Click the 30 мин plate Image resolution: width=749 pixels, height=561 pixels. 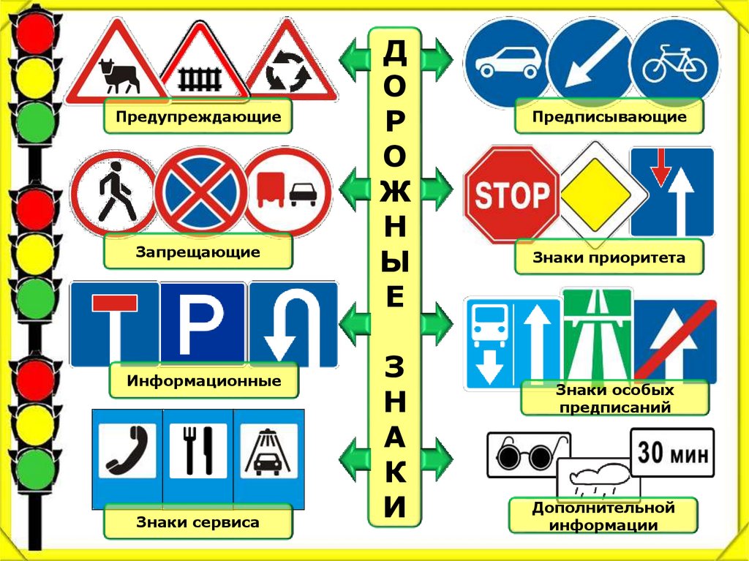coord(672,453)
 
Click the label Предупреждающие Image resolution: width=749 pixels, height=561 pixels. coord(197,117)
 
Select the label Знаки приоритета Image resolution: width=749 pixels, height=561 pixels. coord(609,258)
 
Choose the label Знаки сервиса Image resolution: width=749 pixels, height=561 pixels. coord(197,523)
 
